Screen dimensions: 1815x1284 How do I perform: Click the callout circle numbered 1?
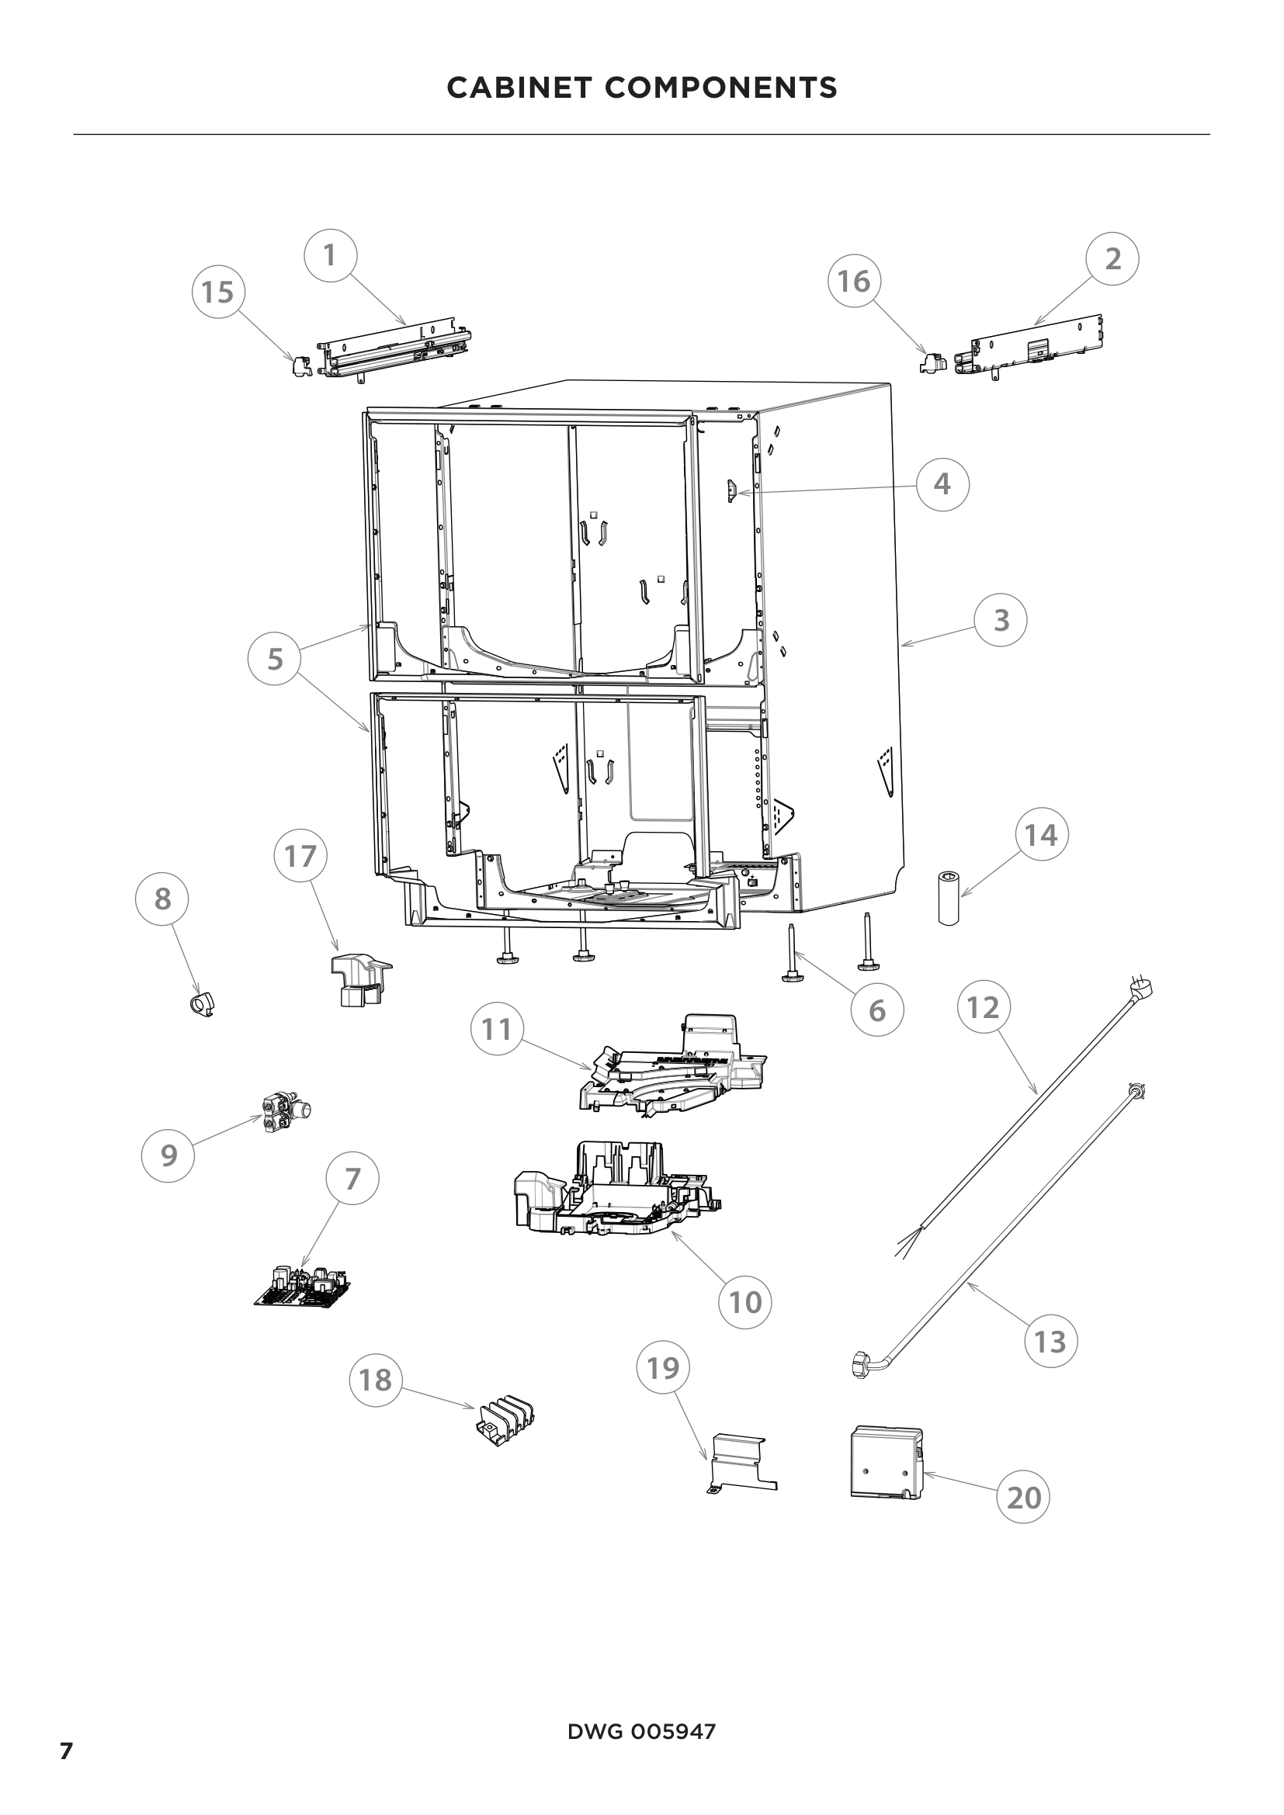(331, 256)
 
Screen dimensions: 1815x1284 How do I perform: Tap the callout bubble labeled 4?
(942, 483)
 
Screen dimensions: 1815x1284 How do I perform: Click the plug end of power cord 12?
(1141, 988)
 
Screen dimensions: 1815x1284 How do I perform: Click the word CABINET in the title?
(518, 88)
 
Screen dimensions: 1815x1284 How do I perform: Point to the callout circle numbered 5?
(274, 659)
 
